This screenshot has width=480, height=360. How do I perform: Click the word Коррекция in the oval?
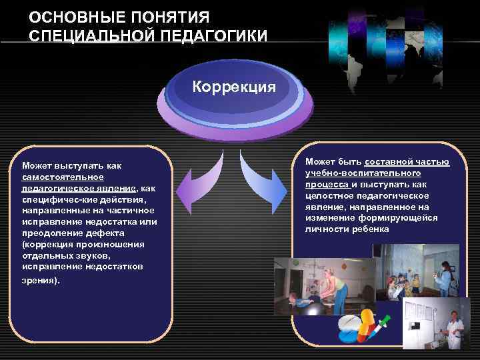pos(234,87)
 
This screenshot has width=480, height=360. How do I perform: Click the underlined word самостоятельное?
pos(63,177)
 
